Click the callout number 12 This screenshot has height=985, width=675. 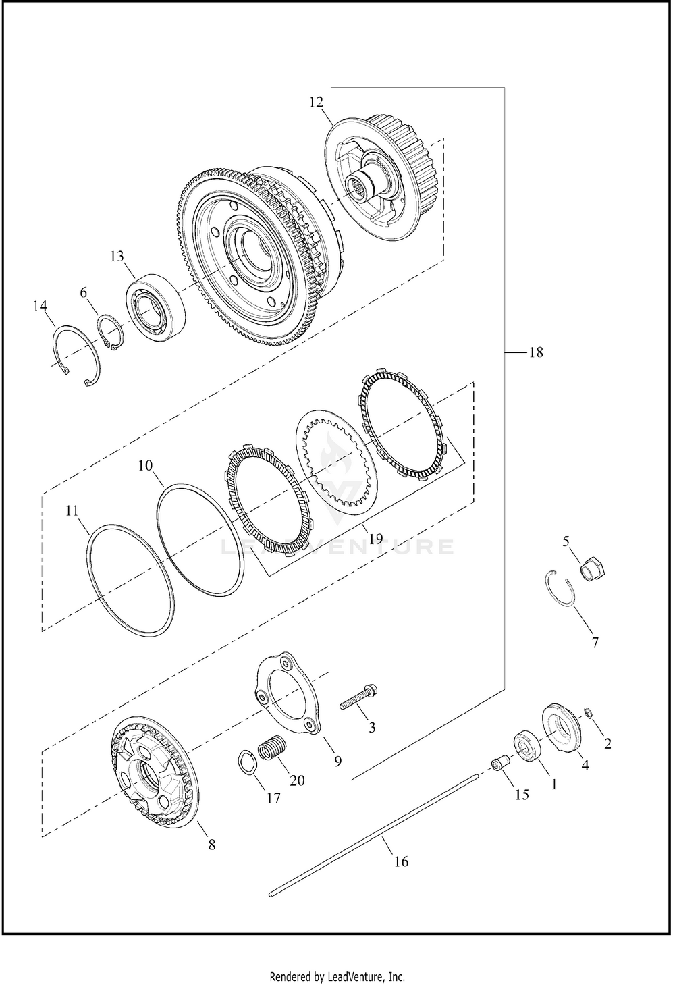pyautogui.click(x=316, y=102)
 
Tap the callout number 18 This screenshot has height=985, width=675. pyautogui.click(x=536, y=352)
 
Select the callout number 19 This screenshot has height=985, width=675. pyautogui.click(x=376, y=538)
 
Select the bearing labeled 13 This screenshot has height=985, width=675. pyautogui.click(x=155, y=304)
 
